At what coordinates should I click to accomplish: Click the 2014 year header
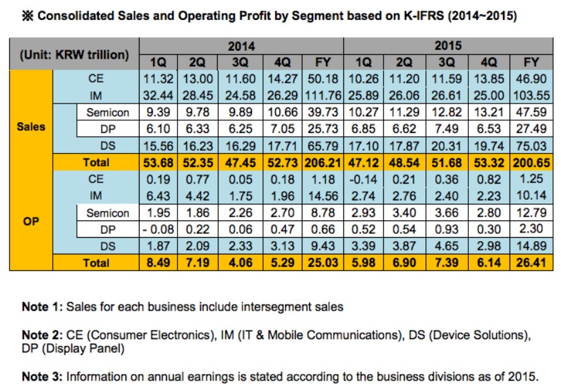point(241,47)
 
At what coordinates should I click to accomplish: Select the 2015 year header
point(447,47)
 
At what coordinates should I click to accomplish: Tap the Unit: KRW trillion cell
point(74,54)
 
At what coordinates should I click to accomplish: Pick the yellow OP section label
point(31,221)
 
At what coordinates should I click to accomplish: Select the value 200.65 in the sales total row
point(531,162)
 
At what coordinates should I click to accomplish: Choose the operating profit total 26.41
point(531,263)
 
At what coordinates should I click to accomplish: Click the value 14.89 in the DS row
point(531,246)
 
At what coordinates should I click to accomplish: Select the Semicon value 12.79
point(531,213)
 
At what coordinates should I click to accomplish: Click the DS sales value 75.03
point(531,146)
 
